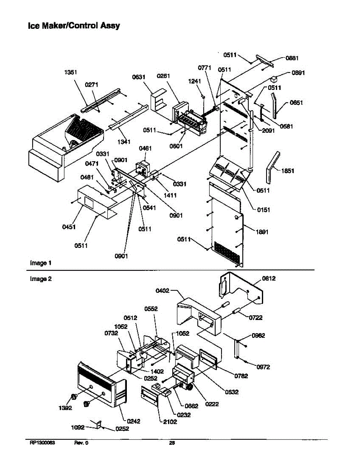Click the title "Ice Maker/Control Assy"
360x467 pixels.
click(x=74, y=26)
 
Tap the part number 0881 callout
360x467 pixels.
click(x=292, y=58)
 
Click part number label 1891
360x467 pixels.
click(x=262, y=232)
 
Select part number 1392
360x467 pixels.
click(x=65, y=408)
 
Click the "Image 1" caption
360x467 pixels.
click(x=40, y=263)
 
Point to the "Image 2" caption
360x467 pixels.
click(x=40, y=279)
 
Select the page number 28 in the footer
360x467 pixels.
click(x=172, y=442)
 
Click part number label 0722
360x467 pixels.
click(x=256, y=318)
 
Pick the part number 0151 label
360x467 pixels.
click(x=263, y=210)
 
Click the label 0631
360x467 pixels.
click(x=139, y=77)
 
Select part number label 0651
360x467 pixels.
click(x=297, y=103)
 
